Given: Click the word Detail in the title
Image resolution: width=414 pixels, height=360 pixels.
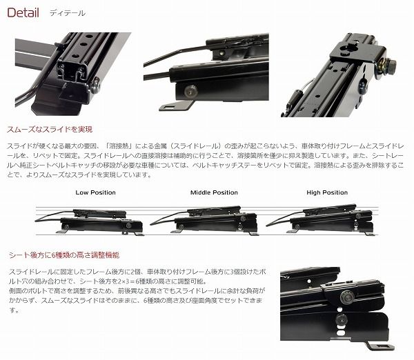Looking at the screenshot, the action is (x=23, y=12).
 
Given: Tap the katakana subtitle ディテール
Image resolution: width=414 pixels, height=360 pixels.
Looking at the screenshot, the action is (x=68, y=13).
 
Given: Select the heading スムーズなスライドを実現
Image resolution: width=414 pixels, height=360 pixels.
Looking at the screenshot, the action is (x=50, y=130).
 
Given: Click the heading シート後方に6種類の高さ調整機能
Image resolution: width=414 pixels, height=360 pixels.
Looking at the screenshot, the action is (x=64, y=255).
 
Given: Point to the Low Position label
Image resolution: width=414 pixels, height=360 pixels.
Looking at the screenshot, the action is (x=96, y=192).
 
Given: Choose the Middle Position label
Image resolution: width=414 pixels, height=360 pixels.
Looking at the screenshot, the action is (x=214, y=192).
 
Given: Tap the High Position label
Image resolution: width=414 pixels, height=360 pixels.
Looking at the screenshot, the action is (x=327, y=192).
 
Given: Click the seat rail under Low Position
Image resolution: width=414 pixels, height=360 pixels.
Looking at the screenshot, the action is (x=90, y=221).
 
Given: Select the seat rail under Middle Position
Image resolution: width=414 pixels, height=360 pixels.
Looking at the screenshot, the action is (x=205, y=221).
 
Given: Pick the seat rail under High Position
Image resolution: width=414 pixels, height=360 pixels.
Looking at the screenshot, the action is (x=320, y=220).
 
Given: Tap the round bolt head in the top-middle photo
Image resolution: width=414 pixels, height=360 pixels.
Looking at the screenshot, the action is (x=191, y=91).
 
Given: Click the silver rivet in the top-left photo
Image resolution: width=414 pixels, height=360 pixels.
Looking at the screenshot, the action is (x=96, y=86).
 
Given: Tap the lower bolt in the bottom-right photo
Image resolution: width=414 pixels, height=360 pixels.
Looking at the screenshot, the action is (x=342, y=320).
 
